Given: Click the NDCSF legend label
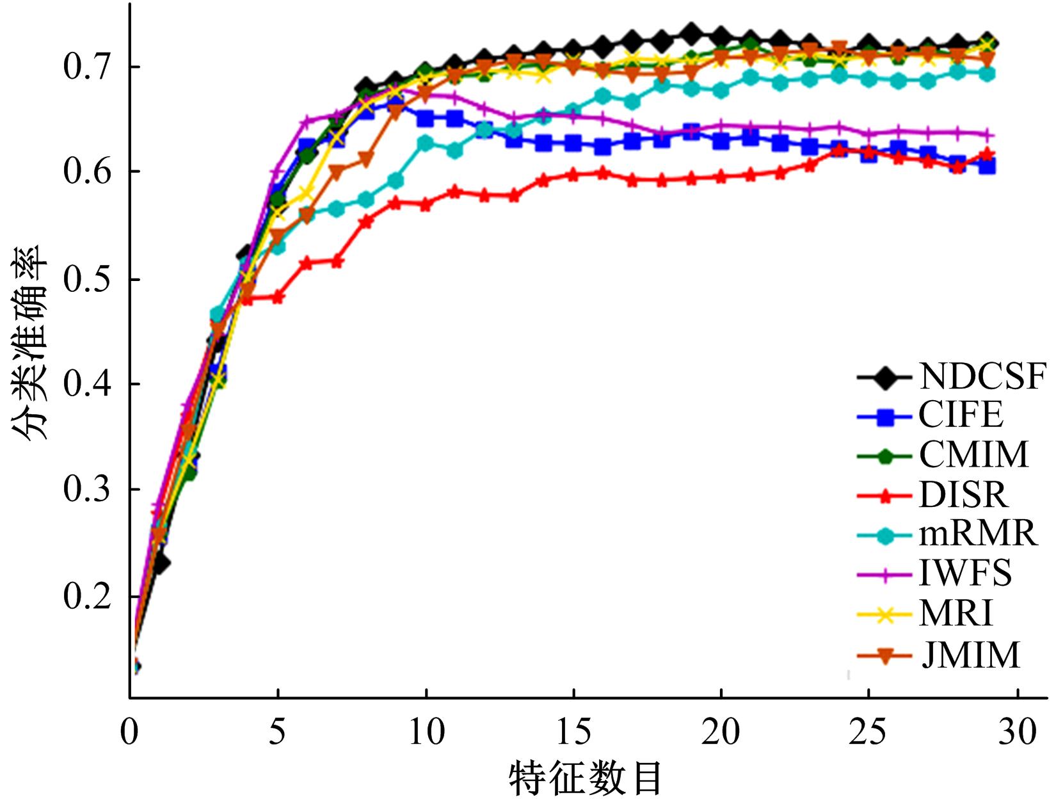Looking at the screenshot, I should (982, 376).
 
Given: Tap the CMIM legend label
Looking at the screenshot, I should (973, 454).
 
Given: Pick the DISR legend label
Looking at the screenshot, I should (963, 494).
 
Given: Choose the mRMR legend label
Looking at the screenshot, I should (978, 533).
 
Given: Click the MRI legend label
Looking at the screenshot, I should (956, 613).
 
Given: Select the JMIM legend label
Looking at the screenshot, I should (970, 654).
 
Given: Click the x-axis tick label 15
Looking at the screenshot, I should (573, 731).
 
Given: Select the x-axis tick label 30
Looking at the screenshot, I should (1016, 731).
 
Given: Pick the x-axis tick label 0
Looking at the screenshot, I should (130, 731).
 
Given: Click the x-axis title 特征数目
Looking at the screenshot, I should (585, 779).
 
